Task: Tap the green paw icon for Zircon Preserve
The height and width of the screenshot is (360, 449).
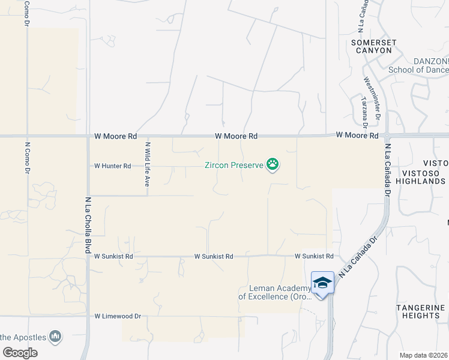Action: point(273,164)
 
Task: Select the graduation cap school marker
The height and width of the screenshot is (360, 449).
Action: point(322,283)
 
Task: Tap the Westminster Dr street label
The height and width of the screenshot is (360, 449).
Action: point(372,95)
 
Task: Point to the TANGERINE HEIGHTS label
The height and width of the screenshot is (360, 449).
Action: point(421,311)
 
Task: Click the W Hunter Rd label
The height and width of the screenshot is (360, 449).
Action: point(112,166)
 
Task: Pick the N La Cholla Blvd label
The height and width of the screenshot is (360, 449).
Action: point(88,224)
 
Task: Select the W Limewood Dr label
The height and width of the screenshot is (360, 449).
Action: point(117,316)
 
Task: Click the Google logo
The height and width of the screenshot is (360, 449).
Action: point(20,353)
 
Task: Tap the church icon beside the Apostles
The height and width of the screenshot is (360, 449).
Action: point(56,337)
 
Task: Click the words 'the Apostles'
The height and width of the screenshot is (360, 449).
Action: point(23,337)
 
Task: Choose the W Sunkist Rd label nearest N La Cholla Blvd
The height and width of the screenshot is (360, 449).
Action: point(113,256)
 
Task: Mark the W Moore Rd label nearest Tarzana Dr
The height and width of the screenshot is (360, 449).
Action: point(357,136)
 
